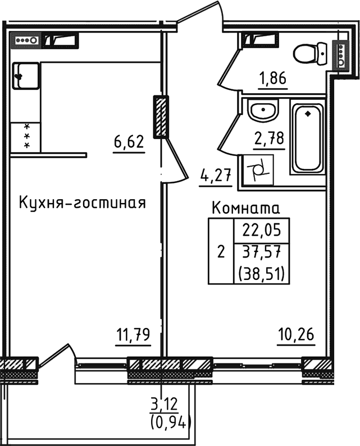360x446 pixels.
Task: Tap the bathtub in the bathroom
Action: pos(307,137)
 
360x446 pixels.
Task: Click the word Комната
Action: pos(245,209)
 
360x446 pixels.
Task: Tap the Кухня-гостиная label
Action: pos(83,203)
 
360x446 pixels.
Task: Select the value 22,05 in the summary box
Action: pos(262,230)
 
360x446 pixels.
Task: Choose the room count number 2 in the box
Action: pos(221,252)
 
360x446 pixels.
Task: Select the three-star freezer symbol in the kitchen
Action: pos(26,136)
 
